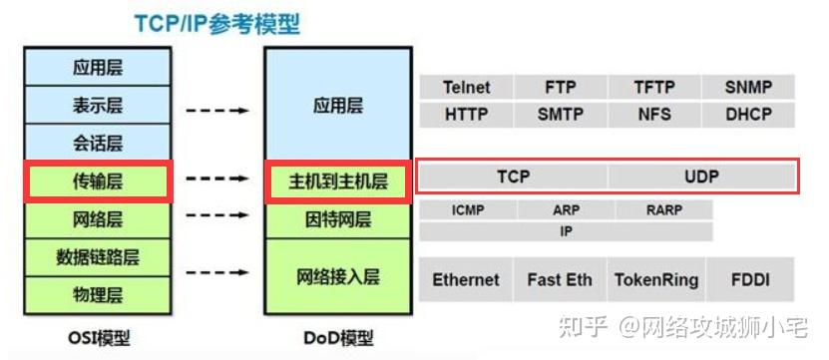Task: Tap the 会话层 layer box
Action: coord(98,141)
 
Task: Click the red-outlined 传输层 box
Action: coord(98,180)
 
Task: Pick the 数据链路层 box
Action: coord(98,257)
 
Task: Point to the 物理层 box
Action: coord(98,294)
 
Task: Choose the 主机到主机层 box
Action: coord(338,181)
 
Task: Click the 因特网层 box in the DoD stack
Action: coord(338,218)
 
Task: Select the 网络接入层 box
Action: coord(338,275)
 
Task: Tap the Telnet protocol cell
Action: coord(466,88)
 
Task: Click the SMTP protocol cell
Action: coord(560,115)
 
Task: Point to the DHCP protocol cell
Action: coord(748,115)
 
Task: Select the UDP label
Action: coord(701,178)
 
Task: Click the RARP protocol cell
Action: coord(663,210)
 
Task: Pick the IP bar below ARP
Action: coord(566,231)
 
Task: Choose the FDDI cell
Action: coord(748,279)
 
